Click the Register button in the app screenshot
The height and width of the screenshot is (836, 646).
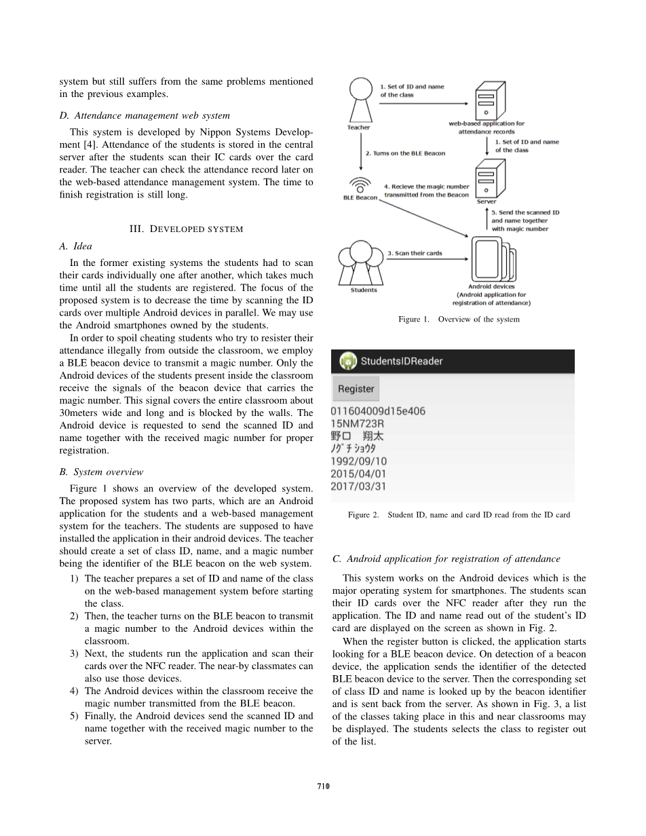point(356,389)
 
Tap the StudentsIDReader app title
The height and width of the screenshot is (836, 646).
point(401,361)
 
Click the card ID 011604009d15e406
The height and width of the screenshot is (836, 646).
point(378,411)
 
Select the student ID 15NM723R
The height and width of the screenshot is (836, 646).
point(358,423)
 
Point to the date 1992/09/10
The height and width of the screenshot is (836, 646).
point(358,461)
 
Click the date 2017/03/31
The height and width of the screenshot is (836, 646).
point(358,487)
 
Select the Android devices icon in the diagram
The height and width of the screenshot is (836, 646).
point(493,259)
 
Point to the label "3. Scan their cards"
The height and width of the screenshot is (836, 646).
point(415,253)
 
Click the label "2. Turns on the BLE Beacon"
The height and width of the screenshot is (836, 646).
point(405,153)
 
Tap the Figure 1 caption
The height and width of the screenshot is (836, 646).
point(459,319)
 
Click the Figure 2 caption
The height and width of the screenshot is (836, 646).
point(459,515)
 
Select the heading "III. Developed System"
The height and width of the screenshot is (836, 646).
point(186,229)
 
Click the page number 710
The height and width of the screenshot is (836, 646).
point(323,786)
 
